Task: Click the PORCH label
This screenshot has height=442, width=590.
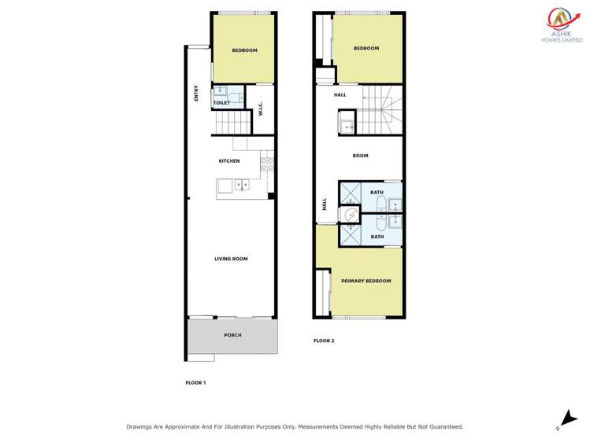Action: click(232, 335)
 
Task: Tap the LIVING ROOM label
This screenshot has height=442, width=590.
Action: click(232, 259)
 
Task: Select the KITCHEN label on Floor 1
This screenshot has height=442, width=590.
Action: click(229, 161)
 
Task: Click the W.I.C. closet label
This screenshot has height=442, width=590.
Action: click(260, 111)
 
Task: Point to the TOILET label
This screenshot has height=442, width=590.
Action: click(221, 102)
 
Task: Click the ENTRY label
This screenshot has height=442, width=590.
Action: click(197, 93)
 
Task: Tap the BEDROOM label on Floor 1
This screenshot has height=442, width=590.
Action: click(244, 50)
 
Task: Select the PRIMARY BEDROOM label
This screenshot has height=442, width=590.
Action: click(366, 281)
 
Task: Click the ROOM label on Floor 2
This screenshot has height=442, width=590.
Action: click(360, 156)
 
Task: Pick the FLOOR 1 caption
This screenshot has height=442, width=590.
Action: click(195, 382)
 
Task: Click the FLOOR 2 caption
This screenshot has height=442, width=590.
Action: click(324, 341)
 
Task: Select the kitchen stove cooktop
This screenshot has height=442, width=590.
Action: click(267, 165)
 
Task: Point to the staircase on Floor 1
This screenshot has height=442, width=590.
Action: click(232, 123)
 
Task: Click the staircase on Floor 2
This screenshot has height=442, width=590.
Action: click(381, 110)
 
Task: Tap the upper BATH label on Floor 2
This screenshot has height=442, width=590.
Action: click(377, 193)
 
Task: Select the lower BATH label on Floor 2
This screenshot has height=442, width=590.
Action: click(377, 236)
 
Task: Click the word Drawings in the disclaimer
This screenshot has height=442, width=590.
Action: click(142, 426)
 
